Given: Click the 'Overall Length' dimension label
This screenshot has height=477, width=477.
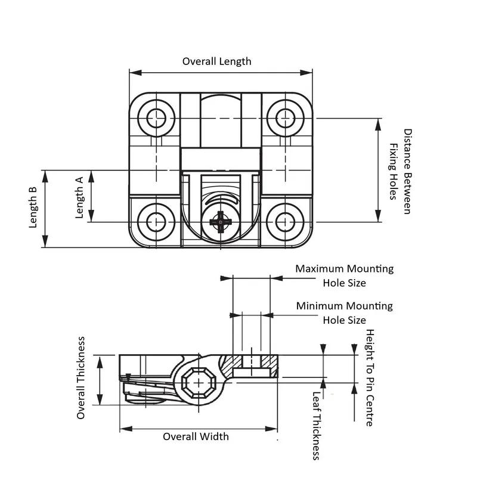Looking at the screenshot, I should coord(216,61).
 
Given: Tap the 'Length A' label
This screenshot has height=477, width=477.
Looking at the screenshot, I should coord(79,197).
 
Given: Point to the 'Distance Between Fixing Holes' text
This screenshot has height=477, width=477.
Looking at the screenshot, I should coord(401,172).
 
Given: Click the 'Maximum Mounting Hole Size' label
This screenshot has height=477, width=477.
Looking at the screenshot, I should coord(344,275).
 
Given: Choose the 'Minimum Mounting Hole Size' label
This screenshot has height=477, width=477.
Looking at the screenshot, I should coord(344,312).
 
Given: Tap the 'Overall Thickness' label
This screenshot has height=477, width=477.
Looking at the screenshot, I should coord(81,378).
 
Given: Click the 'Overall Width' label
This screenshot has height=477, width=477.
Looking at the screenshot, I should coord(196,436).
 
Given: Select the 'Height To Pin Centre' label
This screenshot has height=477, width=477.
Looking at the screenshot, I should coord(370,377).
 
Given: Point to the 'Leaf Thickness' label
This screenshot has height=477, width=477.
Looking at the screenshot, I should coord(317,426).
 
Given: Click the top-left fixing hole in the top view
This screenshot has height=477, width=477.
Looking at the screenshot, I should coord(157,117).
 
